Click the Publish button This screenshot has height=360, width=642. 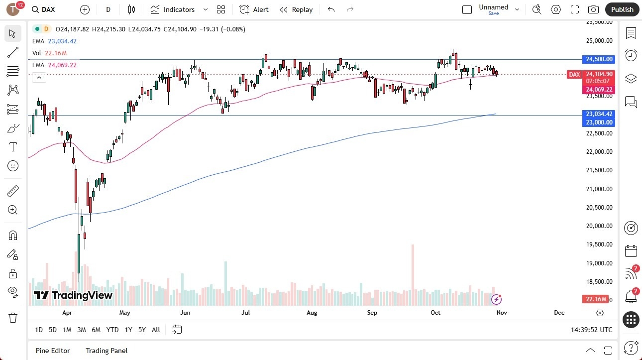622,9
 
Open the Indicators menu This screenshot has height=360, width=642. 173,9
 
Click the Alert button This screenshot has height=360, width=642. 254,9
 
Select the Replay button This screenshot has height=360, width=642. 296,9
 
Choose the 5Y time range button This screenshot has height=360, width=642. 142,330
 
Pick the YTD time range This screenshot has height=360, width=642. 112,330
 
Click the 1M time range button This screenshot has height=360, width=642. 67,330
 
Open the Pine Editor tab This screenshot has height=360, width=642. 53,351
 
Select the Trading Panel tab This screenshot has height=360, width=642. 107,351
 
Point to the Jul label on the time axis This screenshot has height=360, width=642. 245,313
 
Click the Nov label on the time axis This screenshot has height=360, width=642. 502,313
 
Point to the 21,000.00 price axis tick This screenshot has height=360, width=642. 599,189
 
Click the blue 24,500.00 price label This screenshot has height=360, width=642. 599,59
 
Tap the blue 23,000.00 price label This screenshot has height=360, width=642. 599,122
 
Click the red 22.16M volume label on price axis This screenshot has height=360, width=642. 595,299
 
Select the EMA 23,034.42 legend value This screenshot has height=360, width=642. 62,41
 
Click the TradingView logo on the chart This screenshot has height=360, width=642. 73,295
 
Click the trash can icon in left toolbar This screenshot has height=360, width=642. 13,317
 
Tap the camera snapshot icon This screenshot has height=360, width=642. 593,9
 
